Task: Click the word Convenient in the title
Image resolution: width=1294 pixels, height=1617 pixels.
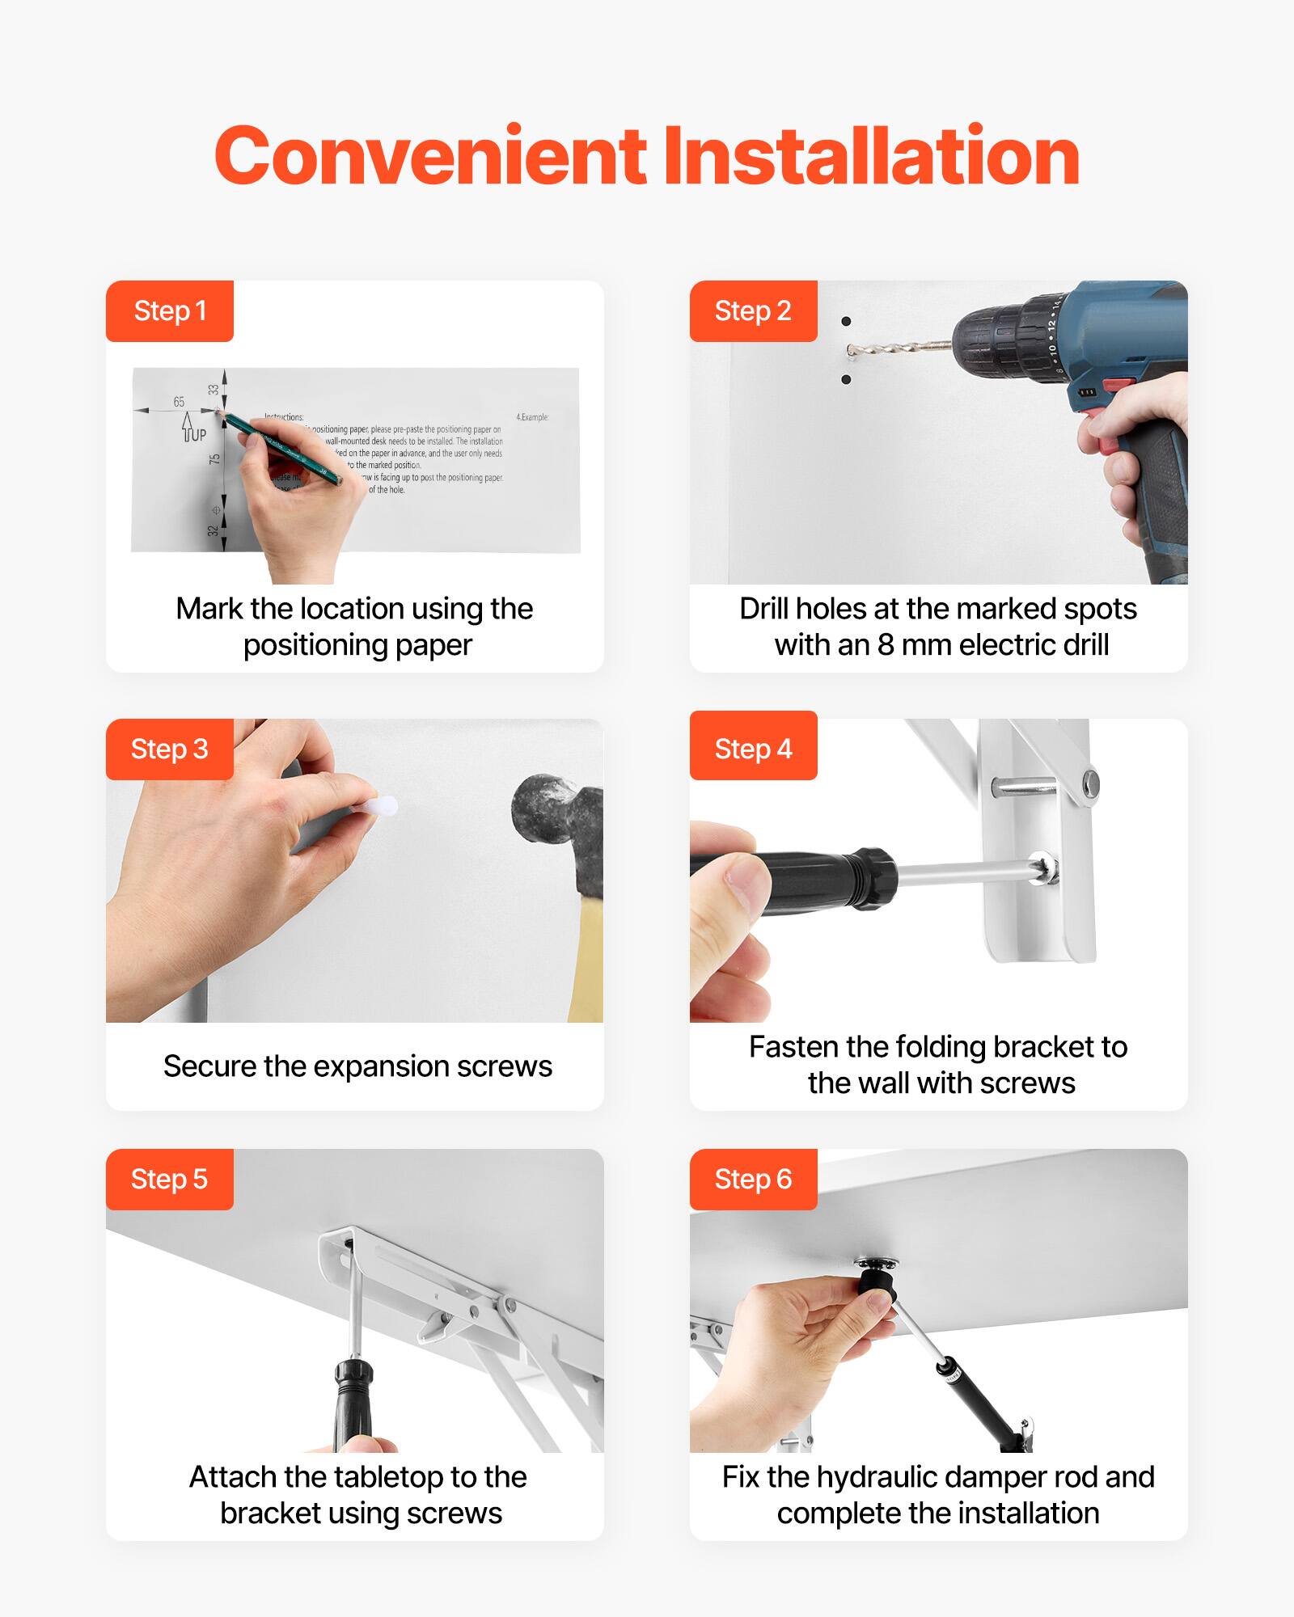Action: (430, 156)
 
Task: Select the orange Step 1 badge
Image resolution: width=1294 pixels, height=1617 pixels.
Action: (170, 311)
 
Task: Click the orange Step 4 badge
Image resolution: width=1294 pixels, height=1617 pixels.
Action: (753, 749)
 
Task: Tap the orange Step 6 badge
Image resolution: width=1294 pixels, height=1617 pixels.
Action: (753, 1179)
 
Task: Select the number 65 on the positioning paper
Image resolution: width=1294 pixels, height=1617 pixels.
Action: (179, 402)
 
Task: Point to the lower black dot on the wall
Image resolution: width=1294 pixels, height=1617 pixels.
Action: (846, 379)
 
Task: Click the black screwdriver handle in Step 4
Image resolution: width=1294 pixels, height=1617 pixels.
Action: (809, 880)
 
